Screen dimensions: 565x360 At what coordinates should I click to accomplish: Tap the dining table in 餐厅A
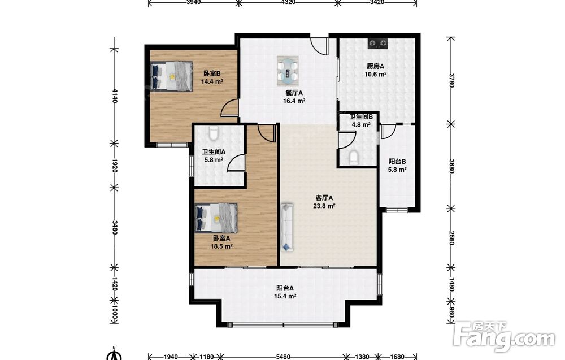[288, 71]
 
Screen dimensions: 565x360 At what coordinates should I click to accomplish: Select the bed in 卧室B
[171, 76]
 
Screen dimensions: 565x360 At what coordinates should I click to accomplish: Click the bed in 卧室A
[216, 218]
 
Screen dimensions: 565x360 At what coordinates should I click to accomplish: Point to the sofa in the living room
[287, 227]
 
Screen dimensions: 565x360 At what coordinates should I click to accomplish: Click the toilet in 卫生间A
[214, 134]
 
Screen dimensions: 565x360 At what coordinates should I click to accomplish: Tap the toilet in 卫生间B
[354, 158]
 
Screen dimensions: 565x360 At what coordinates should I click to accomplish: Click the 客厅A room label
[324, 198]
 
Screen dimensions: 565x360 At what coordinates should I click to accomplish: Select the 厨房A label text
[376, 66]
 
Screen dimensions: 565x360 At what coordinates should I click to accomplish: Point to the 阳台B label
[397, 162]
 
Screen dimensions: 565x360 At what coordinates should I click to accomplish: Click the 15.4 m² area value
[285, 296]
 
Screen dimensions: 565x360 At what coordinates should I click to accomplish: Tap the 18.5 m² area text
[221, 246]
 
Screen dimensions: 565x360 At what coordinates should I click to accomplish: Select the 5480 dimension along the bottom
[283, 357]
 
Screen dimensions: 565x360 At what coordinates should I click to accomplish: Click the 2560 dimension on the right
[451, 238]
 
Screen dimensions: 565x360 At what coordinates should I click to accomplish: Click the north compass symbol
[115, 354]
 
